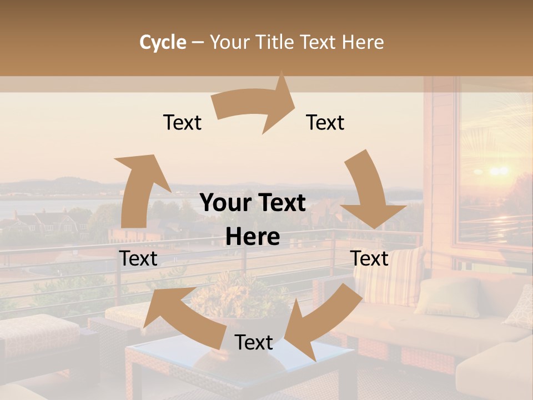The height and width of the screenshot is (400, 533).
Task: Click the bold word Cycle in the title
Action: (x=162, y=42)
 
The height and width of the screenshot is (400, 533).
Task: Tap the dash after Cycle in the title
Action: (x=197, y=42)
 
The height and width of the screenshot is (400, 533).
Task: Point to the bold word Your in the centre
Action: (x=225, y=203)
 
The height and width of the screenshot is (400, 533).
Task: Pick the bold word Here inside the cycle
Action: (x=253, y=237)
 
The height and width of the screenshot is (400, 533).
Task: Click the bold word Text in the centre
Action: (x=281, y=203)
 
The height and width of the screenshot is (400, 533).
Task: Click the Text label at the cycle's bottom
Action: (x=254, y=342)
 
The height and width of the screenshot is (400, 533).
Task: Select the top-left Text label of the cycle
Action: (x=182, y=123)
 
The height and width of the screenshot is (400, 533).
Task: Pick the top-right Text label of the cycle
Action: (x=325, y=123)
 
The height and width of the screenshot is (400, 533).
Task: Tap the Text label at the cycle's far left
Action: (x=138, y=258)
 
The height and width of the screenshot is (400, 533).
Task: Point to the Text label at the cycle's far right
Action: (x=369, y=258)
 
